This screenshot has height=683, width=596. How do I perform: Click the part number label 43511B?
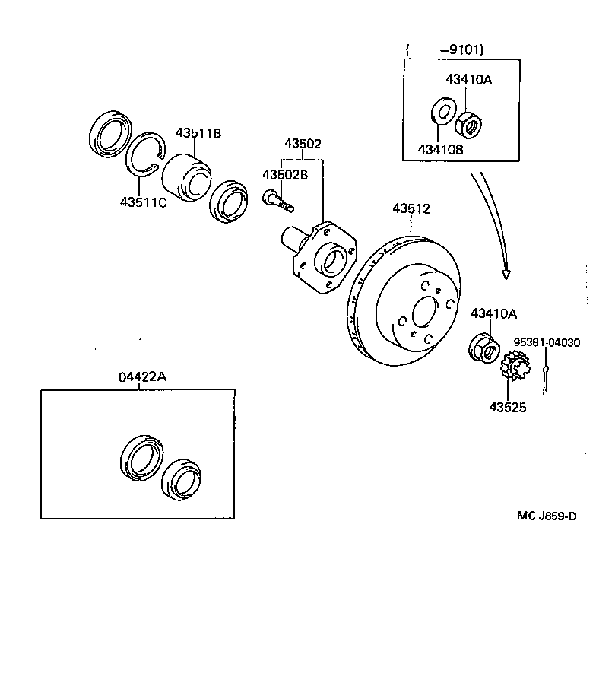coord(198,133)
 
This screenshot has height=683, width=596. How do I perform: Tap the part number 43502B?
coord(285,175)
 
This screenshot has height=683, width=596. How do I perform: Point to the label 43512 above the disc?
coord(411,208)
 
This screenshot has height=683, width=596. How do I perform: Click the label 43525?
coord(507,406)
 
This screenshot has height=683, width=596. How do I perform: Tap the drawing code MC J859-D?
coord(547,516)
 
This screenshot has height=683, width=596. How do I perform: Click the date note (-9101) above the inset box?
coord(446,51)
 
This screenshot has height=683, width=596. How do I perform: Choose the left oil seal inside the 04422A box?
coord(141,458)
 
